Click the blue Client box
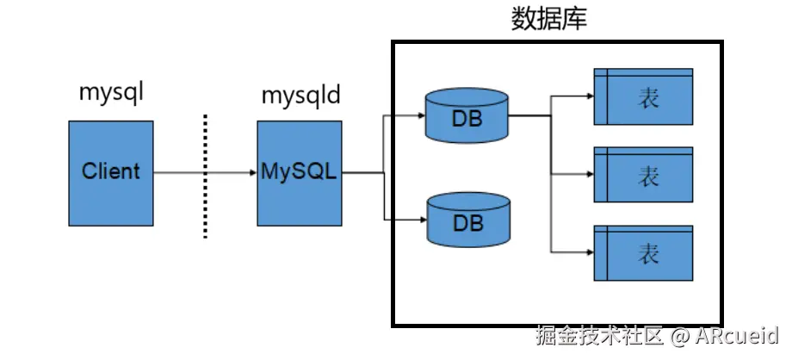[110, 172]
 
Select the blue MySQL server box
[299, 172]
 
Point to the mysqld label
[300, 93]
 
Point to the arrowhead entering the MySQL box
[251, 172]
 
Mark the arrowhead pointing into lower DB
[421, 221]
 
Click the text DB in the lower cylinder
[467, 224]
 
